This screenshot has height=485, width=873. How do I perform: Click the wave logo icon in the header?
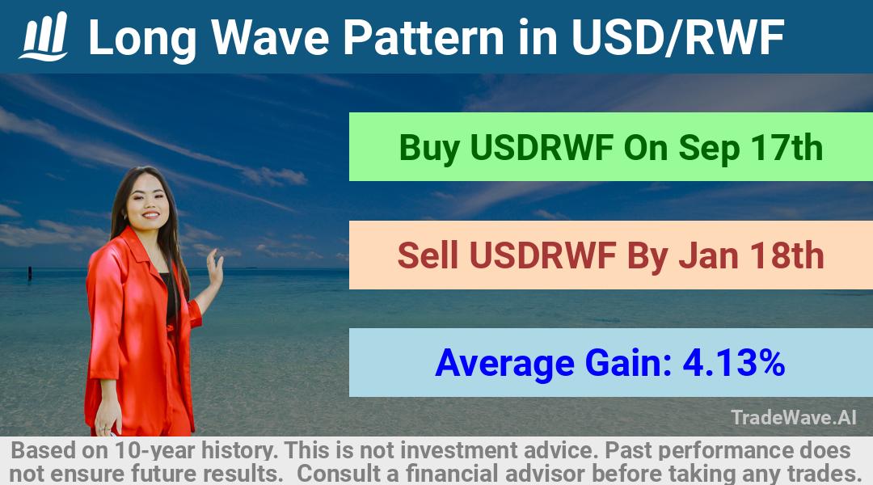coord(44,36)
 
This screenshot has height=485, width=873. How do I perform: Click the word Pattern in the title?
coord(424,37)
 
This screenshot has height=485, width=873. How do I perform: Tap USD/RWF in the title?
coord(677,38)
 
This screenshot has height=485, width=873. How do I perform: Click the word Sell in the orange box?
coord(428,255)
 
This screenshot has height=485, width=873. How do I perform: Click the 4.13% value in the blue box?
coord(734,363)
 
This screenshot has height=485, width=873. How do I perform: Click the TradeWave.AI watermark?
coord(794,417)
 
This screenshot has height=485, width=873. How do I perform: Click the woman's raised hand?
coord(214,268)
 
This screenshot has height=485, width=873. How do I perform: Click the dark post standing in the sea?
coord(30,272)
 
